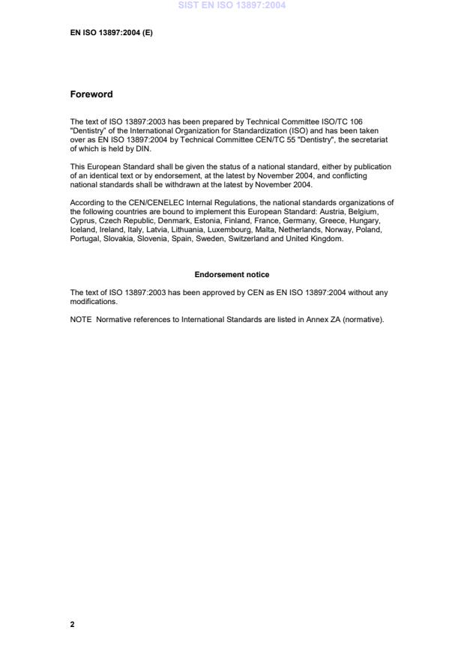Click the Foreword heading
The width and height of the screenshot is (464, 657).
[91, 94]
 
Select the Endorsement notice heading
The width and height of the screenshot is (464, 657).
[232, 275]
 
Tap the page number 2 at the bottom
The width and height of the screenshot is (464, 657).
[73, 624]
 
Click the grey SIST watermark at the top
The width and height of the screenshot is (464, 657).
[232, 5]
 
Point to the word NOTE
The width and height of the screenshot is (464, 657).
[81, 319]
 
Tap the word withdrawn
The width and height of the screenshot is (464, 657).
[188, 184]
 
